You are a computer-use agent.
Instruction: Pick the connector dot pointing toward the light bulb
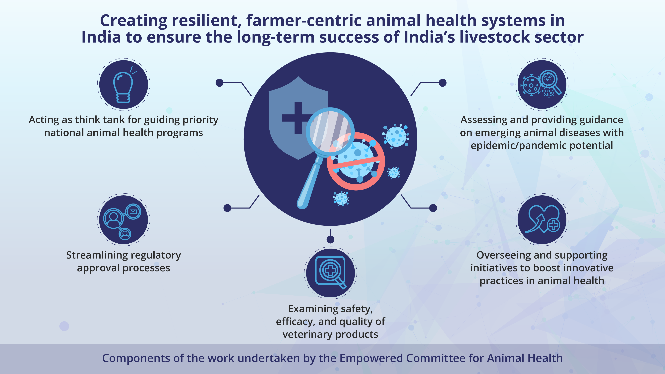pos(219,83)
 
